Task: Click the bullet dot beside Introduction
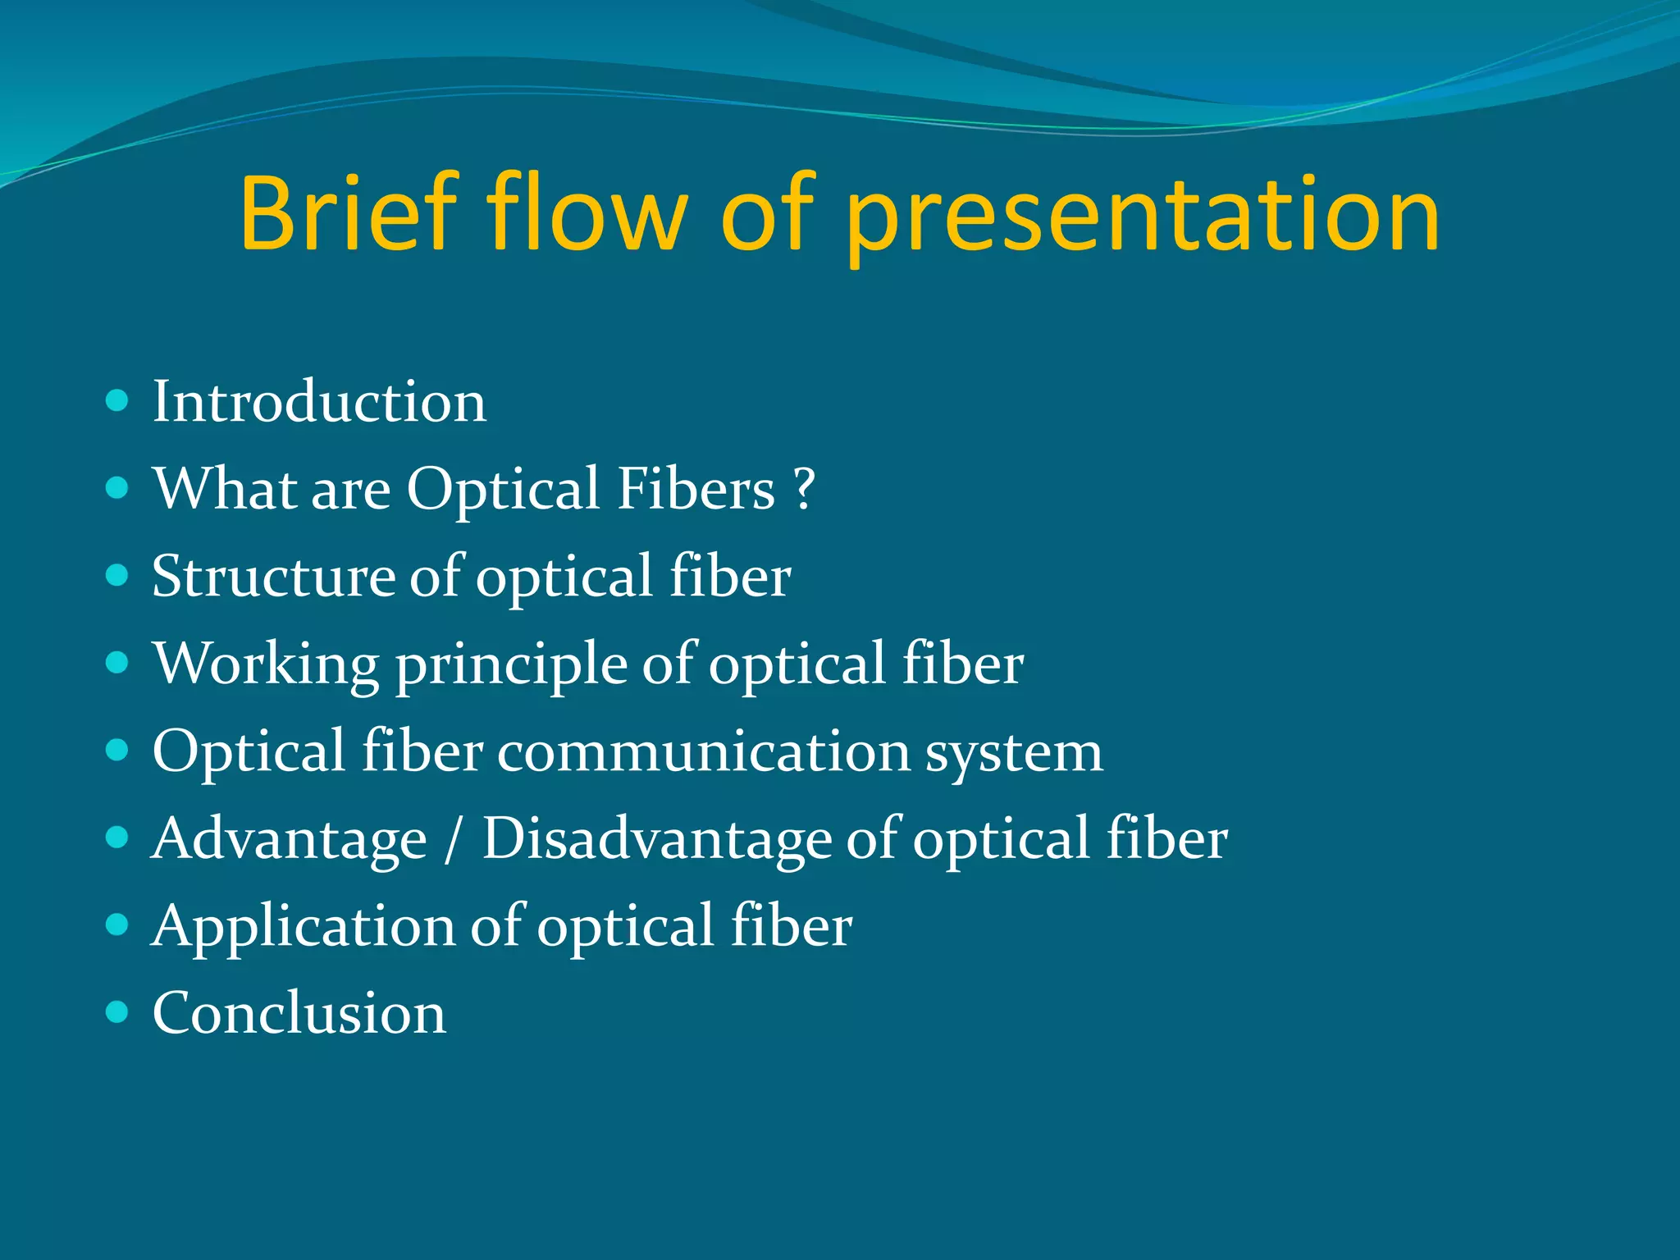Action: [118, 401]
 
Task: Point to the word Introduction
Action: [319, 402]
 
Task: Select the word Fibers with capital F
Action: [696, 488]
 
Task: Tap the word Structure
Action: [273, 576]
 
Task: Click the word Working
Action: [266, 664]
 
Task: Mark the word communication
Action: [704, 751]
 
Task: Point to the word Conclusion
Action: [299, 1013]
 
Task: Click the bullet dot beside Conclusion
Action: [118, 1012]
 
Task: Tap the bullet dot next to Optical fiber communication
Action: [118, 751]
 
